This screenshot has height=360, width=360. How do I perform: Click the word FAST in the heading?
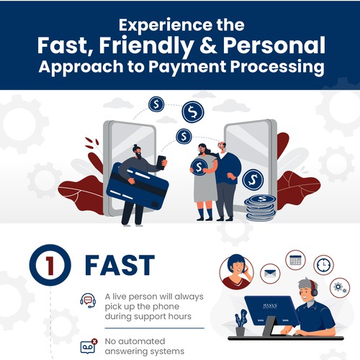tap(119, 264)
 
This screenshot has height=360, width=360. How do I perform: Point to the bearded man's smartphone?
tap(162, 161)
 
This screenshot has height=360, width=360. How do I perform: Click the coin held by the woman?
tap(197, 166)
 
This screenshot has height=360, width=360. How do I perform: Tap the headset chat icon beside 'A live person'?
tap(88, 300)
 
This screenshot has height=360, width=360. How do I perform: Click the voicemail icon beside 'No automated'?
tap(88, 344)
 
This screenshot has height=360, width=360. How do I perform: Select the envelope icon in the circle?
tap(269, 273)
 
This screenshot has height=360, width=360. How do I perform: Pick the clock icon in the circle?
tap(323, 265)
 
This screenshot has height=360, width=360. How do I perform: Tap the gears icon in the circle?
tap(338, 287)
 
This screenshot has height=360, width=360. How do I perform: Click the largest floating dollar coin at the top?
tap(192, 112)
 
